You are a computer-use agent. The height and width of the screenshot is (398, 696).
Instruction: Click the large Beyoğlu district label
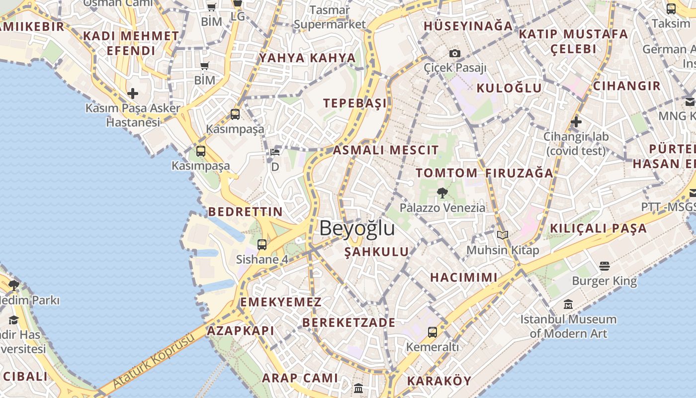click(x=357, y=228)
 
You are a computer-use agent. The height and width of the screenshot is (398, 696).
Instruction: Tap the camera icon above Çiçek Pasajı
click(x=454, y=54)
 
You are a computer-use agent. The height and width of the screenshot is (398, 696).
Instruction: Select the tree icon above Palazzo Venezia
click(x=442, y=193)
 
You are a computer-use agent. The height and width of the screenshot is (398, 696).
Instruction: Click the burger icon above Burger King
click(x=605, y=266)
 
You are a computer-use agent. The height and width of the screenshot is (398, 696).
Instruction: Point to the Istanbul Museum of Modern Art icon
click(x=568, y=304)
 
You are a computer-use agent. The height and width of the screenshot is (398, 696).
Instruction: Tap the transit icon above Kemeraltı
click(x=433, y=332)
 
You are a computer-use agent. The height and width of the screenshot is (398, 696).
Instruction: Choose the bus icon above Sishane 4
click(x=262, y=244)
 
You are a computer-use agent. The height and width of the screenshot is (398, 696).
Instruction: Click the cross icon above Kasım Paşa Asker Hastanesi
click(x=132, y=93)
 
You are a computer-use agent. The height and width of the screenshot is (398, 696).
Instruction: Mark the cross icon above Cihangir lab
click(x=576, y=121)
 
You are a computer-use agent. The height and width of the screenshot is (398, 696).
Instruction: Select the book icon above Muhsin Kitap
click(x=503, y=235)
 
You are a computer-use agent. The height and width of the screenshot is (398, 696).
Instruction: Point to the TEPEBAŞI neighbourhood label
click(x=354, y=103)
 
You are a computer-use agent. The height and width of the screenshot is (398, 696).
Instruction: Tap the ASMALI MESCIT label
click(x=386, y=150)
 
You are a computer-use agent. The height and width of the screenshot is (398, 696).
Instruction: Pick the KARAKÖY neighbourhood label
click(x=439, y=381)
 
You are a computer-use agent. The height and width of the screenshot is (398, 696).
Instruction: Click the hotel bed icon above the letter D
click(x=275, y=152)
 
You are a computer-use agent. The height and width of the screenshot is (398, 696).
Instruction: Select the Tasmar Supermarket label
click(x=330, y=17)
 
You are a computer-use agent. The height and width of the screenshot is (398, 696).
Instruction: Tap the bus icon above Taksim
click(x=671, y=8)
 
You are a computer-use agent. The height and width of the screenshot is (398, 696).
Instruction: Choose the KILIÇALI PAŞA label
click(x=598, y=228)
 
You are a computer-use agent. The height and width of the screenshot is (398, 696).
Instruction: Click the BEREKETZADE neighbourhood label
click(x=348, y=322)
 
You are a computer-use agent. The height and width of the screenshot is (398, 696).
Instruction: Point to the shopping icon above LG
click(x=238, y=3)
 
